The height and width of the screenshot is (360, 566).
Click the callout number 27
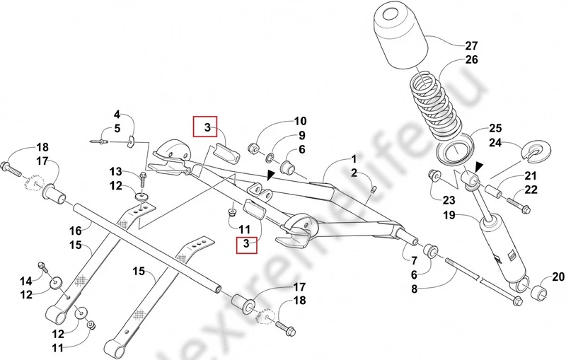471,47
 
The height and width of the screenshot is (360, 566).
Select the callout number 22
531,190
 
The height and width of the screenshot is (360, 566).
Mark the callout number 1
352,161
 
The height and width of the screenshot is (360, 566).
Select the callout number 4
117,114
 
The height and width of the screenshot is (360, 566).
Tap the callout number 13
116,171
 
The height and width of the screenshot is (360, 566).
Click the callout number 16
75,230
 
